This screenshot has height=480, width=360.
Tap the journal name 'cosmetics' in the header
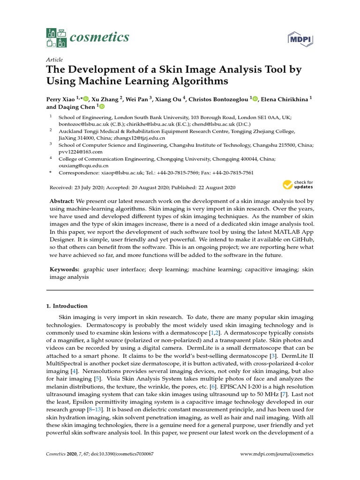[x=99, y=37]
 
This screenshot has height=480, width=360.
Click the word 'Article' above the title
[x=54, y=60]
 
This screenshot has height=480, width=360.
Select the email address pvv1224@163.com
[x=80, y=152]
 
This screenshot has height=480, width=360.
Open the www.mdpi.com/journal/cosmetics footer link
[x=277, y=454]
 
